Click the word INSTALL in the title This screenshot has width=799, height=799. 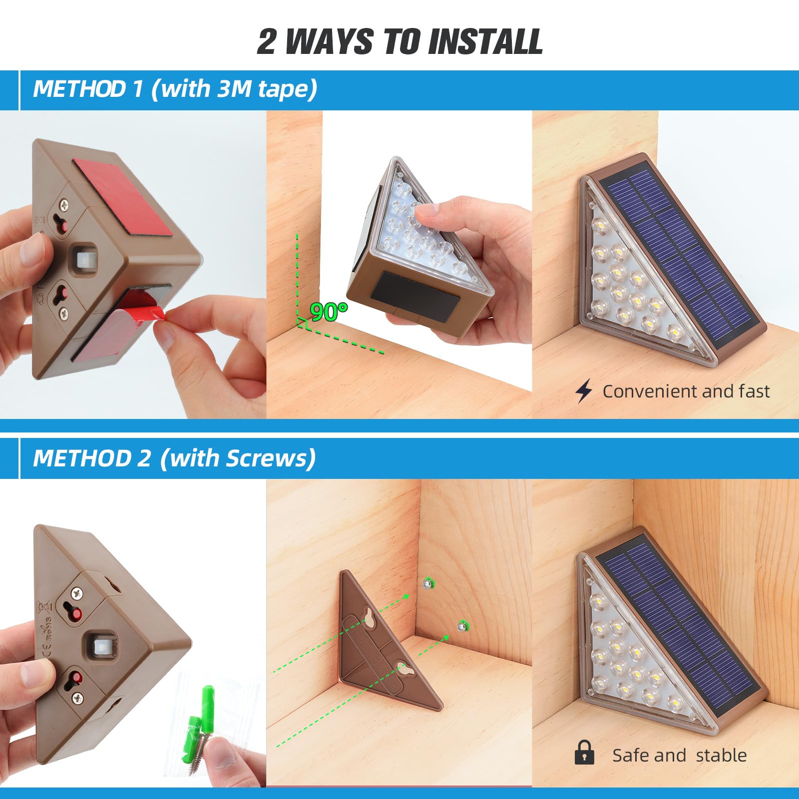(x=485, y=41)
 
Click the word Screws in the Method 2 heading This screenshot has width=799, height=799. (x=266, y=458)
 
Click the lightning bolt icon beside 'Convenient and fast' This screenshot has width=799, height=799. (x=583, y=391)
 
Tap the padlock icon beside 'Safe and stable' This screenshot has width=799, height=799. (x=584, y=753)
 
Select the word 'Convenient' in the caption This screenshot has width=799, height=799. (x=643, y=392)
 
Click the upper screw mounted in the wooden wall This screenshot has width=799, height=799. (x=427, y=583)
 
